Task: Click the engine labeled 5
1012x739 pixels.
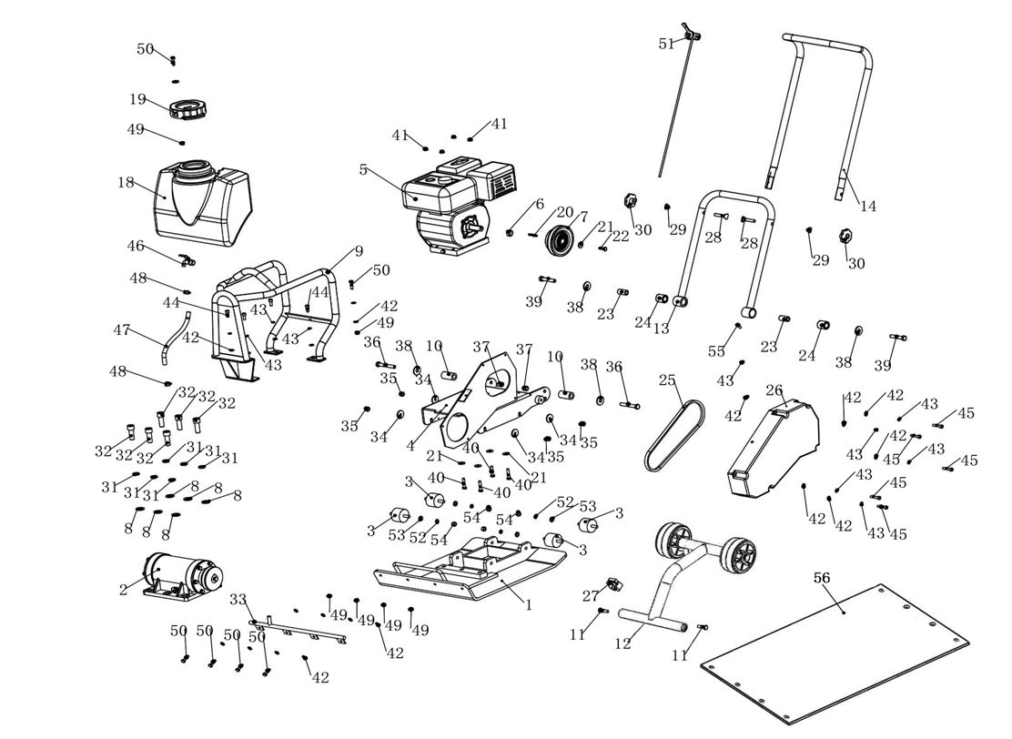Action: [x=455, y=205]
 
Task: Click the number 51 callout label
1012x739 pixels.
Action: [x=667, y=44]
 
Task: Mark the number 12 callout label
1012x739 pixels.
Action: [x=622, y=643]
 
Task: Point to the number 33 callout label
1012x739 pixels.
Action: [x=238, y=599]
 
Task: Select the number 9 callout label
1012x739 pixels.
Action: [x=359, y=251]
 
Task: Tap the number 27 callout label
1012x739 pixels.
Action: [x=591, y=596]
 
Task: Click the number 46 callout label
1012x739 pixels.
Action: [x=136, y=246]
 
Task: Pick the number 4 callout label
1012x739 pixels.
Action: [x=410, y=446]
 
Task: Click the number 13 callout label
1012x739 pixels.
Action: [x=661, y=329]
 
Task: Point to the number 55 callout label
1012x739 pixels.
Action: [x=717, y=350]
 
